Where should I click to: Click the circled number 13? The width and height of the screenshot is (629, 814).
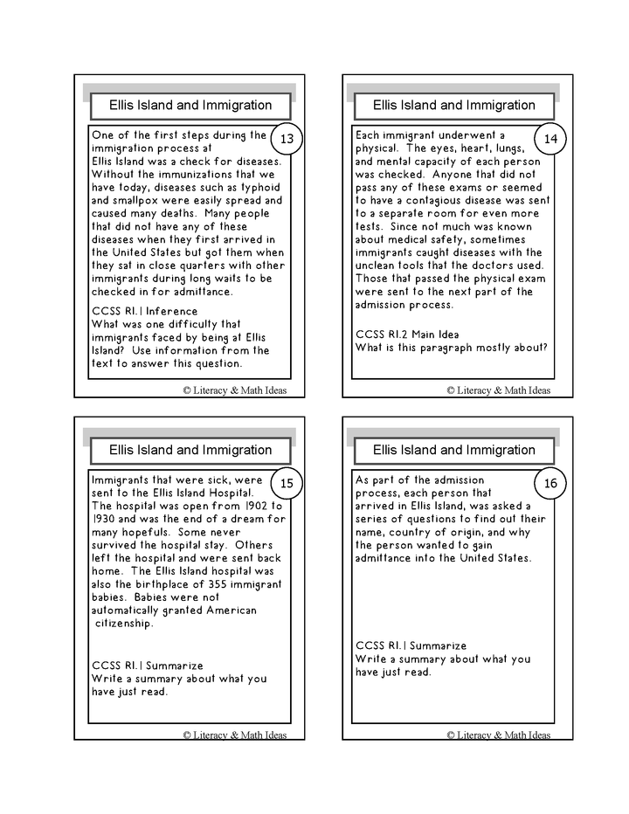287,140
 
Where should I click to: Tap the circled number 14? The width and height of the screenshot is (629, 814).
550,140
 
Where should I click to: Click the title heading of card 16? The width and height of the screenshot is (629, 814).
453,450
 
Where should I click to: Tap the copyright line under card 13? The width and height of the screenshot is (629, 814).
234,390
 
